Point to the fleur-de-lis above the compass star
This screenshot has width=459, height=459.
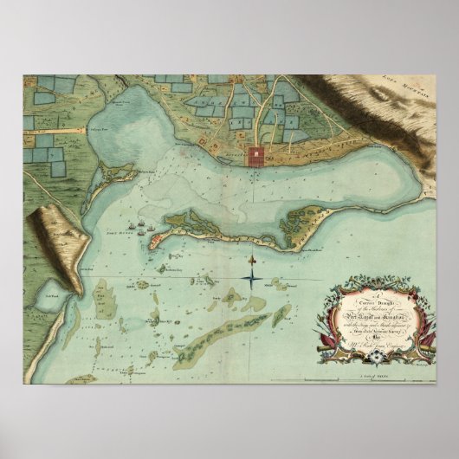click(x=252, y=260)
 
